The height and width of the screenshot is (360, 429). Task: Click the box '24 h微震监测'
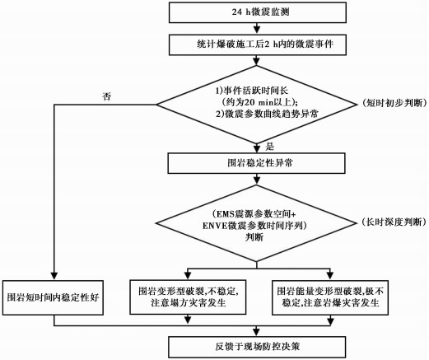click(x=258, y=12)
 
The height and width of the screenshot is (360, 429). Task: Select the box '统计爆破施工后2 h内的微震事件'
click(x=258, y=44)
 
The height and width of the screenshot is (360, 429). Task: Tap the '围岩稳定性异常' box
click(x=257, y=163)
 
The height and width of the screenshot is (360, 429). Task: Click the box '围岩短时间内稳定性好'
click(x=53, y=297)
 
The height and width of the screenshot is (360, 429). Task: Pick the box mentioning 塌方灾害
click(x=188, y=297)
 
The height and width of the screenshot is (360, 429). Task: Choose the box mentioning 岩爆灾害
click(x=330, y=297)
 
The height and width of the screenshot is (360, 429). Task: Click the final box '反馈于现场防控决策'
click(x=257, y=347)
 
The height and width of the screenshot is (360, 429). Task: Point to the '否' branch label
click(x=106, y=96)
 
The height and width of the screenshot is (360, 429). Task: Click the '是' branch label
click(x=269, y=147)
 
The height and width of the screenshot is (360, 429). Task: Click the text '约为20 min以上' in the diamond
click(x=259, y=102)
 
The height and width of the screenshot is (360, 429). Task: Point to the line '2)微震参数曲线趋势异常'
click(x=267, y=114)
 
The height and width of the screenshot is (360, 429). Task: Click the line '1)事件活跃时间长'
click(x=252, y=91)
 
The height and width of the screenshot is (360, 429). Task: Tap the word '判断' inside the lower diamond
click(x=254, y=236)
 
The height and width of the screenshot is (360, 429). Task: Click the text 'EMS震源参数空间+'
click(x=255, y=213)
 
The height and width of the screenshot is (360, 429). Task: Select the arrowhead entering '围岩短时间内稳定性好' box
click(x=54, y=276)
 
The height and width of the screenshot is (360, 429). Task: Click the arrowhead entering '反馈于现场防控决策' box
click(x=257, y=333)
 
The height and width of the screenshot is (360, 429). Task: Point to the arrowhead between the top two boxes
click(x=257, y=30)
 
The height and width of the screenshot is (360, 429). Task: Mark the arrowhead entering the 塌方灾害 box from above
click(x=188, y=276)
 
